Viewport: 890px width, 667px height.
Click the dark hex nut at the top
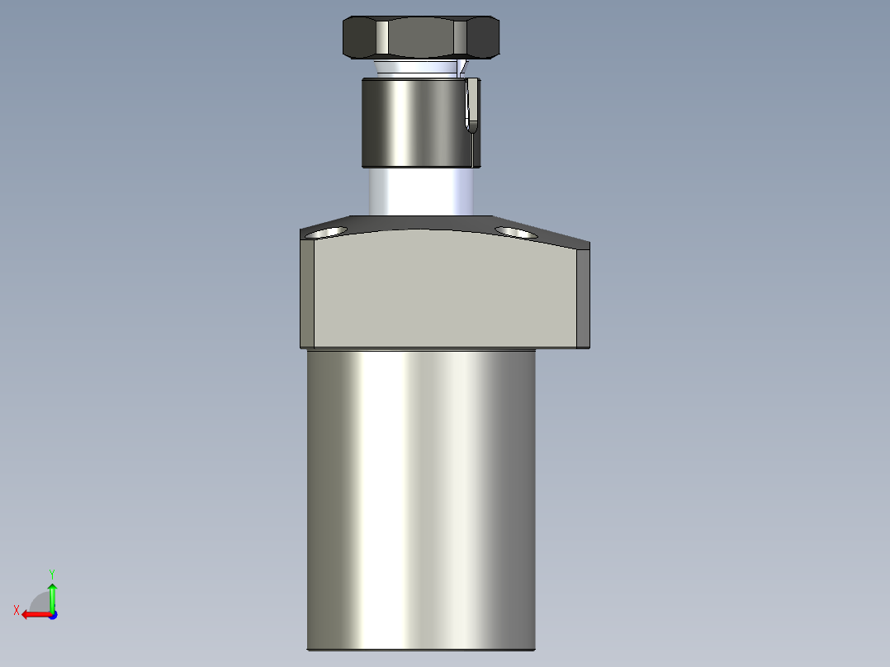421,37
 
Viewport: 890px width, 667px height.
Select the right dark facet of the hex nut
483,37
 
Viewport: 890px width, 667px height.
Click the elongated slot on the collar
471,105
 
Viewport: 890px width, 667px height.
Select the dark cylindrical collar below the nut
421,123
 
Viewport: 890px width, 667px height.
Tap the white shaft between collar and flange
421,192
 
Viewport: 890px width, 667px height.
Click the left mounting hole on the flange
326,232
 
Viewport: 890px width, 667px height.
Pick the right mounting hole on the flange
516,232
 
